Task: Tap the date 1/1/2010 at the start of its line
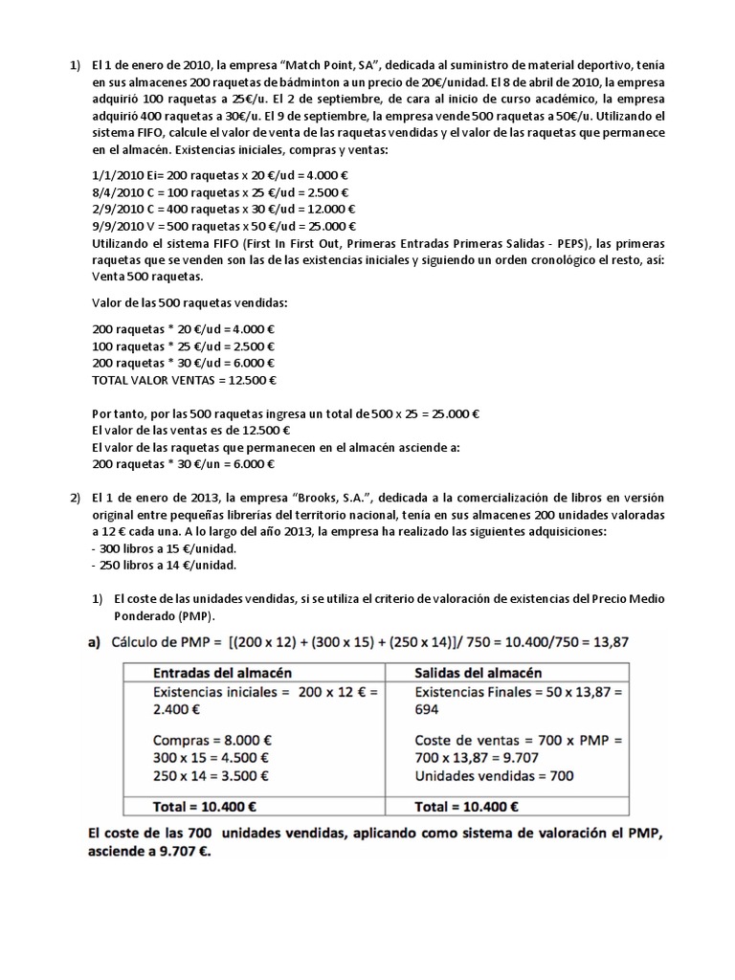tap(114, 176)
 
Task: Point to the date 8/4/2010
tap(114, 193)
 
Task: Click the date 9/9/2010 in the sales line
tap(114, 227)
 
